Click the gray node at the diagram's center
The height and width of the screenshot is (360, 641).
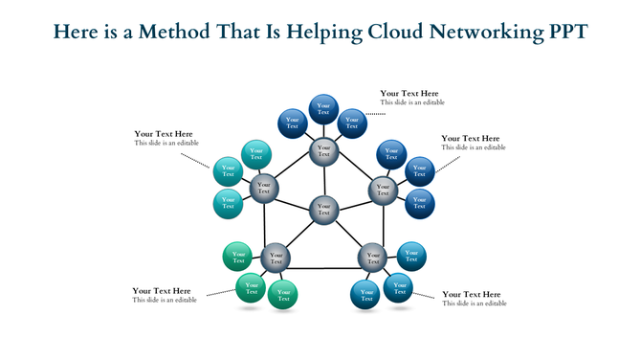tap(324, 209)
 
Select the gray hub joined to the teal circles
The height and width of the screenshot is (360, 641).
tap(264, 188)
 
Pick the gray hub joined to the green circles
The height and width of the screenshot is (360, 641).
tap(276, 257)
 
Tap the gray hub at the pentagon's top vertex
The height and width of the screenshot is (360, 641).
tap(324, 150)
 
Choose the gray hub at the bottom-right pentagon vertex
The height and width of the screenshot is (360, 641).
tap(372, 257)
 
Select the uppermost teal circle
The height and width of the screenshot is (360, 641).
tap(256, 153)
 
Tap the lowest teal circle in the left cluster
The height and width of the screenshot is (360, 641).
tap(228, 203)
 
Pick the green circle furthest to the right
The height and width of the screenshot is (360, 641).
tap(283, 295)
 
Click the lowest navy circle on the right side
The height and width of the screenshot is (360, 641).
tap(418, 203)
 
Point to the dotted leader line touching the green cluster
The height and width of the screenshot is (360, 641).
tap(220, 291)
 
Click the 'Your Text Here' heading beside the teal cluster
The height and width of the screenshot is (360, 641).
tap(164, 134)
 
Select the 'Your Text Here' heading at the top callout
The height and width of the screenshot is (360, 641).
tap(409, 93)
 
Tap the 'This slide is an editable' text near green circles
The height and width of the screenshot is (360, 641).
tap(165, 301)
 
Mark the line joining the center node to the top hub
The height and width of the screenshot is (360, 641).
tap(324, 179)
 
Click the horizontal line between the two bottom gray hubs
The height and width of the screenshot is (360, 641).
tap(324, 268)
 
